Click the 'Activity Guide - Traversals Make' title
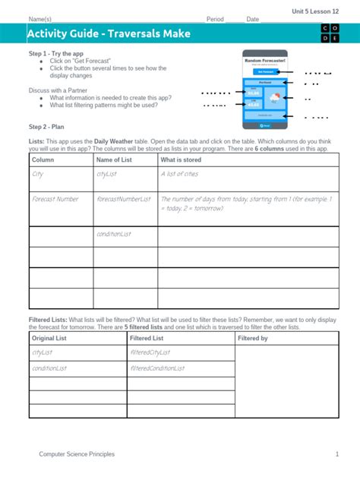[x=109, y=34]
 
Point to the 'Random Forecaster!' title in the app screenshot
[x=264, y=59]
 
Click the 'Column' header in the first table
[x=43, y=160]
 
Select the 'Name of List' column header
[x=114, y=160]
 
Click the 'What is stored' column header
[x=181, y=160]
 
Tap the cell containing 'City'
[x=38, y=174]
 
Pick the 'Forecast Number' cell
[x=55, y=199]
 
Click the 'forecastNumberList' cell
[x=124, y=199]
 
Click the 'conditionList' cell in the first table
[x=114, y=234]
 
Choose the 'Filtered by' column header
[x=253, y=338]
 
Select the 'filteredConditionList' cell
[x=158, y=368]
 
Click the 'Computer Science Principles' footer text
[x=77, y=454]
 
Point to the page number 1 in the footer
[x=336, y=454]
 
